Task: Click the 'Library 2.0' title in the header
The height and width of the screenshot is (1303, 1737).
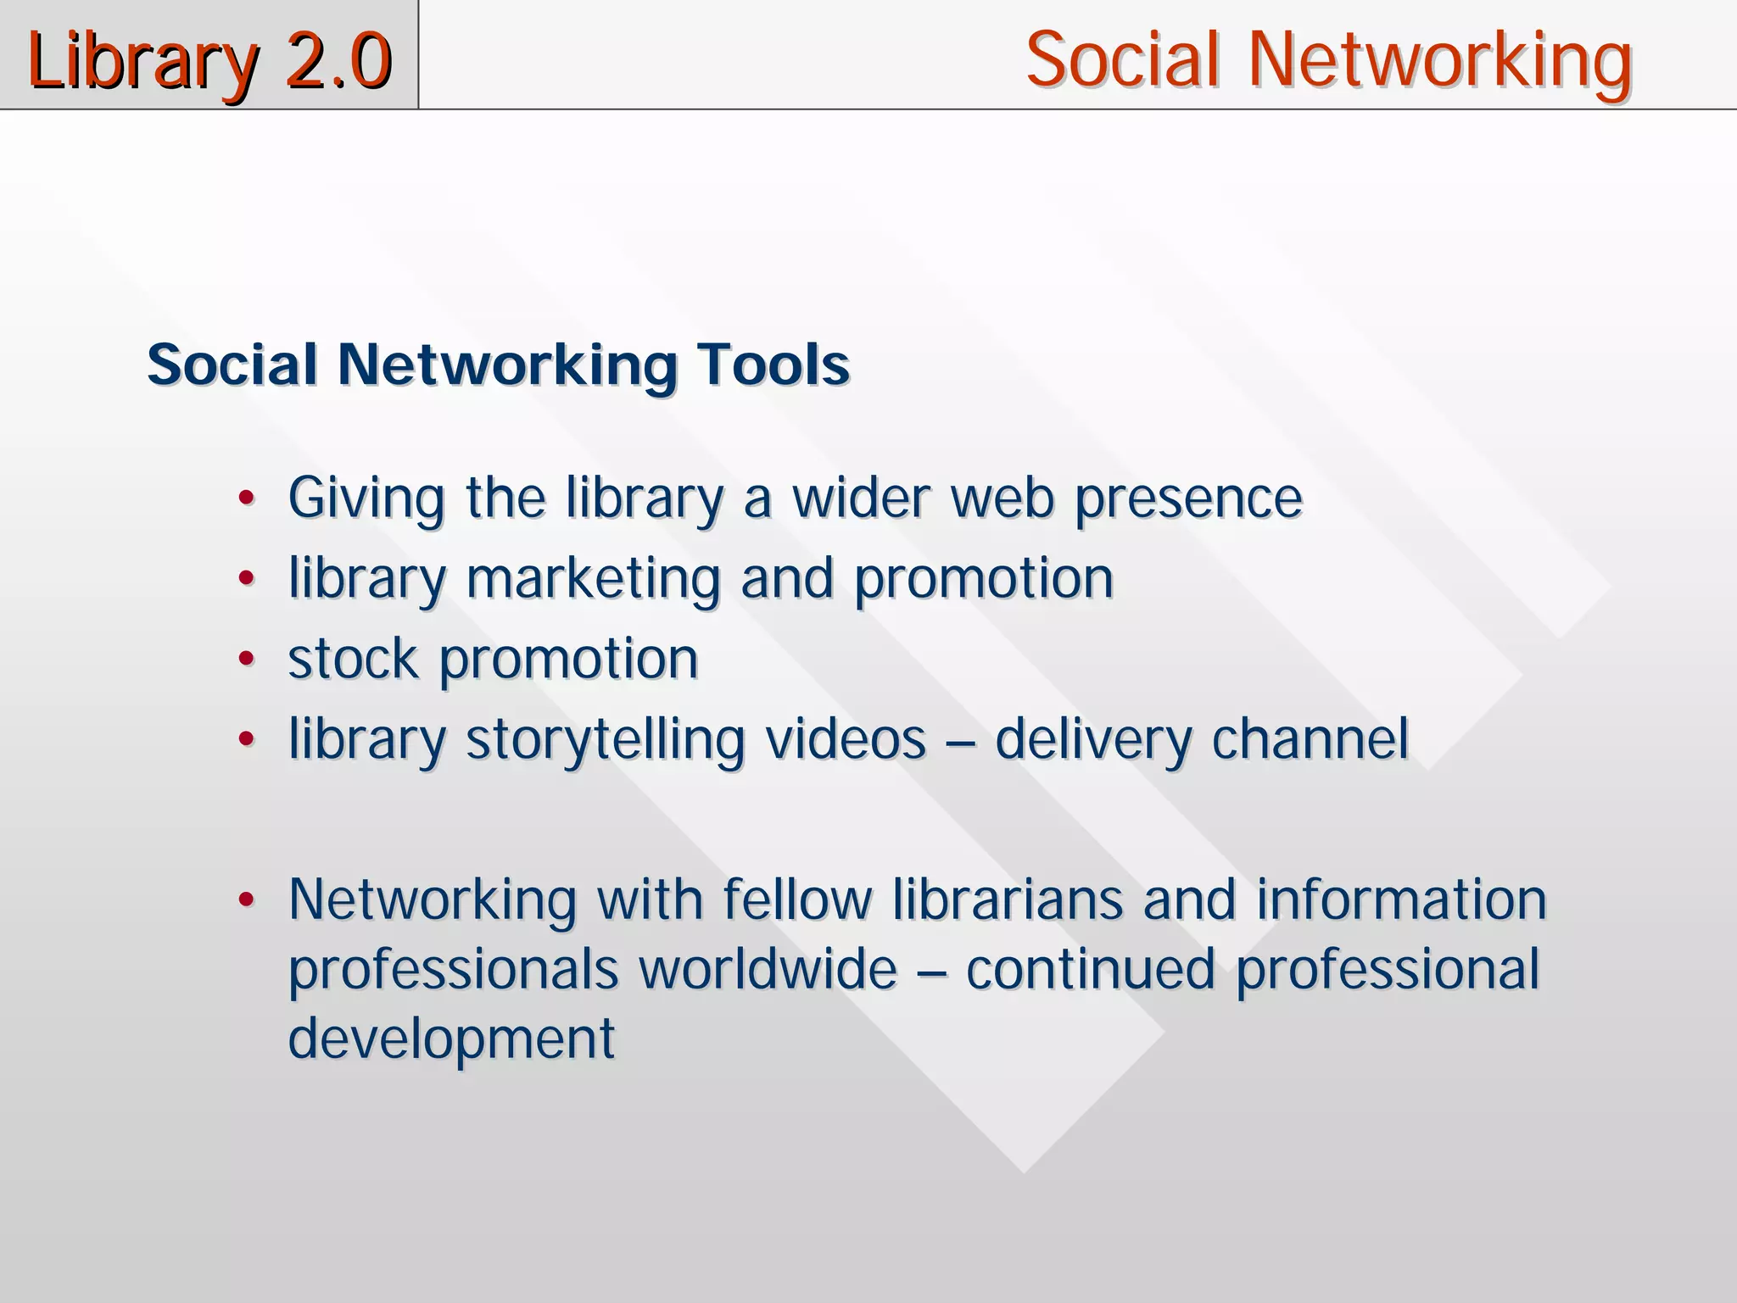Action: coord(209,61)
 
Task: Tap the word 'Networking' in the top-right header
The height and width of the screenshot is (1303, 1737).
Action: coord(1439,61)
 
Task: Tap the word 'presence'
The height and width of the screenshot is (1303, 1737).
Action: coord(1189,499)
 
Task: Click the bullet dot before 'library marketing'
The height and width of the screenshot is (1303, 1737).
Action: coord(246,579)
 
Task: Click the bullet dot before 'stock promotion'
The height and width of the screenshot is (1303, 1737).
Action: coord(246,659)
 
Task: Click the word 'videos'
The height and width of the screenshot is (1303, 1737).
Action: coord(846,739)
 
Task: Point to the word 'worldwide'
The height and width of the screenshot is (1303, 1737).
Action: coord(768,969)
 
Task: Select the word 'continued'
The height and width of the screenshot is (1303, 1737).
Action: coord(1091,969)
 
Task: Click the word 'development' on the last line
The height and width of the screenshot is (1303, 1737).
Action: coord(451,1039)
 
